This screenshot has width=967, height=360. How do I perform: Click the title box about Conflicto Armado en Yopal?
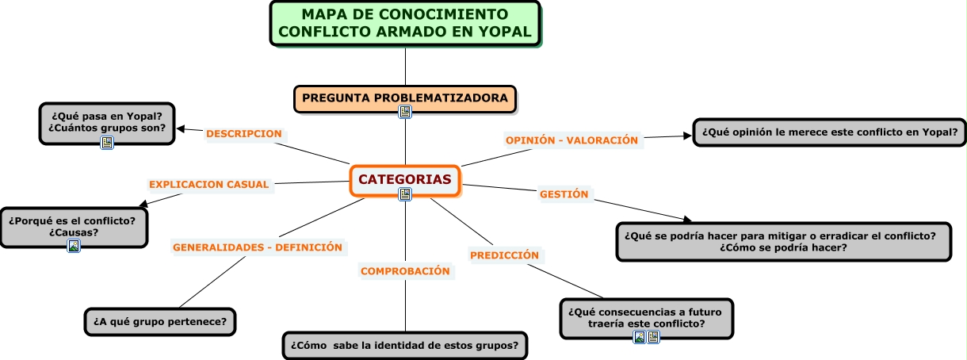[x=405, y=23]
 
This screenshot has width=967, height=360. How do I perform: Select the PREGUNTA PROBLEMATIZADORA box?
[x=405, y=98]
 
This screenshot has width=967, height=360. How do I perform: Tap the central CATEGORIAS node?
[x=405, y=179]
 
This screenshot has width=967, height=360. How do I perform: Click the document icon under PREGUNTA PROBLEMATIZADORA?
[x=405, y=113]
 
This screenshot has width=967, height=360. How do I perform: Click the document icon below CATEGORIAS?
[x=405, y=194]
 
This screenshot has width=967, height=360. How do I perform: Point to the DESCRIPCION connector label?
[x=244, y=134]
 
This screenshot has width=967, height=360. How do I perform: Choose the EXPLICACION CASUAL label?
[x=209, y=185]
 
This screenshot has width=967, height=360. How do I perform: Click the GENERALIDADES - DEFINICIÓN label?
[x=258, y=247]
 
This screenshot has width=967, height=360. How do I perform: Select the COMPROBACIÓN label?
[x=405, y=271]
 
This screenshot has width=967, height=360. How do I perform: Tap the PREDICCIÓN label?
[x=504, y=255]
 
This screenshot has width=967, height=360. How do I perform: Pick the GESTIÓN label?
[x=564, y=194]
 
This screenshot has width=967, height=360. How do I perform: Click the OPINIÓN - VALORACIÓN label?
[x=571, y=140]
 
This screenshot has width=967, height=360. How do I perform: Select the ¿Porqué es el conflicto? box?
[x=74, y=226]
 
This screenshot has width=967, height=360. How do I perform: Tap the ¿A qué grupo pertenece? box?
[x=160, y=322]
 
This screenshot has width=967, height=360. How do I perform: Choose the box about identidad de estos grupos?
[x=405, y=346]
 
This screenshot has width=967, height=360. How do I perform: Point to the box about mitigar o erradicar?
[x=783, y=241]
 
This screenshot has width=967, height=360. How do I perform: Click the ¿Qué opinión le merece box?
[x=829, y=132]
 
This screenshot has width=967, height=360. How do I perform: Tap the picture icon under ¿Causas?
[x=74, y=246]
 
